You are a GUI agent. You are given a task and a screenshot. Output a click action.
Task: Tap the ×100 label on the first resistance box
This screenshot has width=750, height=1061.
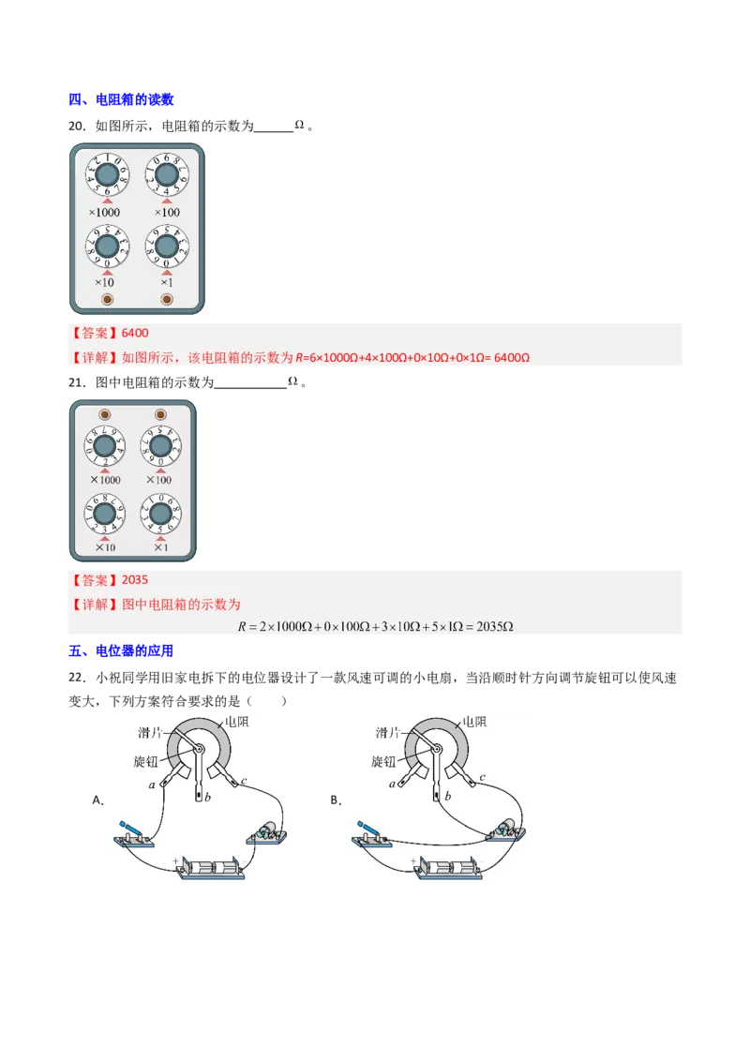tap(166, 213)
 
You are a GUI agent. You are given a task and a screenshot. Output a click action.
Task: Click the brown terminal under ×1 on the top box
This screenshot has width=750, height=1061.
tap(167, 299)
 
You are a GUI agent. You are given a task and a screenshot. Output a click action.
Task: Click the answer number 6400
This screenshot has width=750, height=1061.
tap(135, 333)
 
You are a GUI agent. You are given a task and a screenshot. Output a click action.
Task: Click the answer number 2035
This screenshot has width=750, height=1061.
tap(135, 580)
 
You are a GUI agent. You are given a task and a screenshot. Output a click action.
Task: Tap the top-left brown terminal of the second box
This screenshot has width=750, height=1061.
tap(104, 413)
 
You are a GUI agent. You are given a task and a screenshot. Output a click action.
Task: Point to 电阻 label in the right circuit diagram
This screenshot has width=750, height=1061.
tap(473, 722)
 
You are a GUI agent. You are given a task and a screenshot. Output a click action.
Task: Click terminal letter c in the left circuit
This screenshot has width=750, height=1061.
tap(244, 780)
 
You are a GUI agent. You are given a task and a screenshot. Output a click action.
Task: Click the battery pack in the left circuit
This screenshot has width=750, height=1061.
tap(212, 867)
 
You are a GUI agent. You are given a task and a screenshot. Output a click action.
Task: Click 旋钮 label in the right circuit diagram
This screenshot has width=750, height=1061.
tap(384, 761)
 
